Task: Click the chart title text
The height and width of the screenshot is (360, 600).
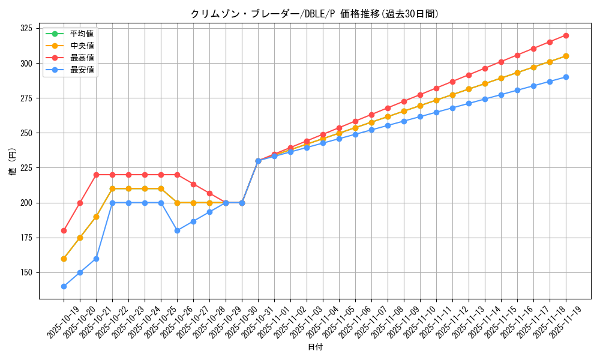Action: pyautogui.click(x=314, y=14)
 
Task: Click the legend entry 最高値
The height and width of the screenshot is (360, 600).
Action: pyautogui.click(x=82, y=58)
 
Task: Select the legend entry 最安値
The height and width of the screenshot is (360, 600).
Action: pyautogui.click(x=82, y=70)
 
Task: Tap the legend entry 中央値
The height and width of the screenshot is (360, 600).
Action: pyautogui.click(x=82, y=46)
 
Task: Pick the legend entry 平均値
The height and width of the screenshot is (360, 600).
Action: pyautogui.click(x=82, y=34)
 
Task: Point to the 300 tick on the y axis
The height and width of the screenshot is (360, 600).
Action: pyautogui.click(x=26, y=63)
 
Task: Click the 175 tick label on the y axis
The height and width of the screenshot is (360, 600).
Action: pyautogui.click(x=26, y=238)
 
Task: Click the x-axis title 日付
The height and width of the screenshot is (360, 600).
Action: pyautogui.click(x=314, y=347)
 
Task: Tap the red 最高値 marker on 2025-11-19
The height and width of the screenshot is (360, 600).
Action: pyautogui.click(x=566, y=35)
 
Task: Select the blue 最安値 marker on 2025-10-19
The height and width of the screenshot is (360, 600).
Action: pyautogui.click(x=64, y=286)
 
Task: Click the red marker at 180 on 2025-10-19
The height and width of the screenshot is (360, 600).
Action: pyautogui.click(x=64, y=230)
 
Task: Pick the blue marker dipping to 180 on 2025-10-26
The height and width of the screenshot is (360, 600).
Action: pyautogui.click(x=177, y=230)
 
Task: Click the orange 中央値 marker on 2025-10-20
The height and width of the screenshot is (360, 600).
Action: pyautogui.click(x=80, y=238)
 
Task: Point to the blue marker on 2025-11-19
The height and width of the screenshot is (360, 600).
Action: pyautogui.click(x=566, y=77)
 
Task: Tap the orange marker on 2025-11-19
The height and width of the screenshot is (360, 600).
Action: pyautogui.click(x=566, y=56)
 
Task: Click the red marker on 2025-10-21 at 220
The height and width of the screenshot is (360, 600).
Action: pyautogui.click(x=96, y=175)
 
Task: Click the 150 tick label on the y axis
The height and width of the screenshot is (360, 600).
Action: pyautogui.click(x=26, y=272)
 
